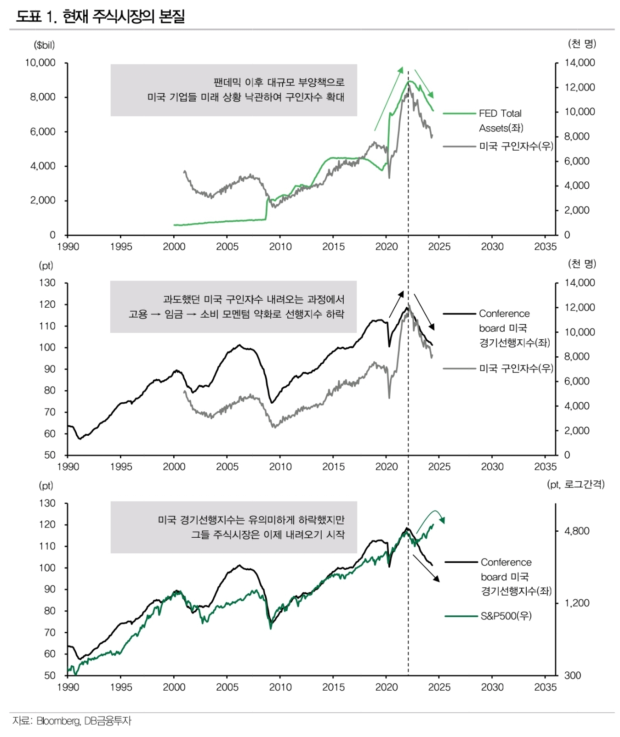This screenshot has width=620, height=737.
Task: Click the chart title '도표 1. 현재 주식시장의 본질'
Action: point(100,17)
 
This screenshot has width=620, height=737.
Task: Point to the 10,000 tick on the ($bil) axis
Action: point(40,63)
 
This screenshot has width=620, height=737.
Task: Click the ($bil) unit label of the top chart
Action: point(44,45)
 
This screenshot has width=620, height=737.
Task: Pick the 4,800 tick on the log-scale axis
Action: point(577,531)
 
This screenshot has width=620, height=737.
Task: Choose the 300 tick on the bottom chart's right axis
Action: point(573,675)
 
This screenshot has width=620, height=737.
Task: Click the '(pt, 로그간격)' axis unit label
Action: point(576,484)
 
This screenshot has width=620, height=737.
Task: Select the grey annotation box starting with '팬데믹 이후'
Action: point(233,90)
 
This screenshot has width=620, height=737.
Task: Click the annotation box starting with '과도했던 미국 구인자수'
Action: point(233,307)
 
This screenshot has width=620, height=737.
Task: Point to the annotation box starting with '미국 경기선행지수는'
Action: point(233,527)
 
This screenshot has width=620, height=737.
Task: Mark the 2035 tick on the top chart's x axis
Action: point(545,247)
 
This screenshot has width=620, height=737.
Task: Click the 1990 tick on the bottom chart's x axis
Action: point(68,687)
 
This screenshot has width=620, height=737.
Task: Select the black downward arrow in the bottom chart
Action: point(426,568)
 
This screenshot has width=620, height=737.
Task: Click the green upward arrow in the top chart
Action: point(389,99)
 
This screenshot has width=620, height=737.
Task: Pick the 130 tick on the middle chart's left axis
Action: point(47,283)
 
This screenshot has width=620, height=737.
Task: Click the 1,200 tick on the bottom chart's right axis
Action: point(577,603)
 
